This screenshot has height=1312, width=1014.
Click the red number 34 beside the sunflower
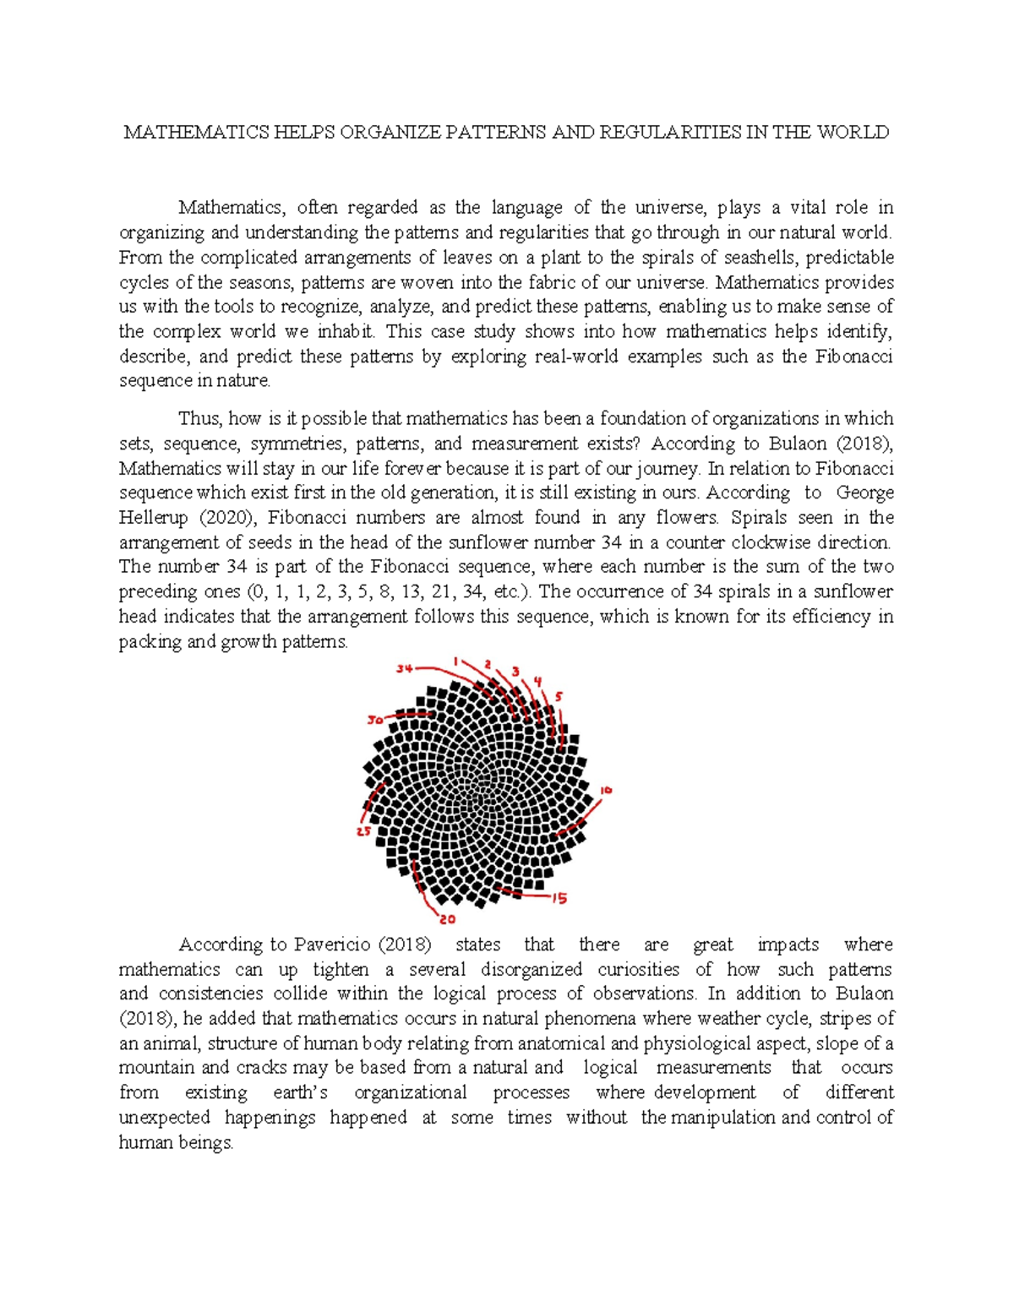click(404, 668)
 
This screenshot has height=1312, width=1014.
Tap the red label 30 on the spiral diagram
click(375, 720)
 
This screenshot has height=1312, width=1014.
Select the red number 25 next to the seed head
click(363, 831)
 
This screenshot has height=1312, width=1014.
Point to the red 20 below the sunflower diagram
click(447, 918)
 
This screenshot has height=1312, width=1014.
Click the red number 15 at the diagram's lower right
click(559, 898)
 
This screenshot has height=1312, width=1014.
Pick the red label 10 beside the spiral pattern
click(605, 791)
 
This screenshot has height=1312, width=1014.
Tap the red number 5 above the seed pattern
click(558, 697)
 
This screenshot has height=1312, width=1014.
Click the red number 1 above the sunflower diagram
click(455, 661)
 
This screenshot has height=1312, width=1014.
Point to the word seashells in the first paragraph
click(760, 257)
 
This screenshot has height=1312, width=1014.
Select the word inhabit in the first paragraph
click(346, 331)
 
